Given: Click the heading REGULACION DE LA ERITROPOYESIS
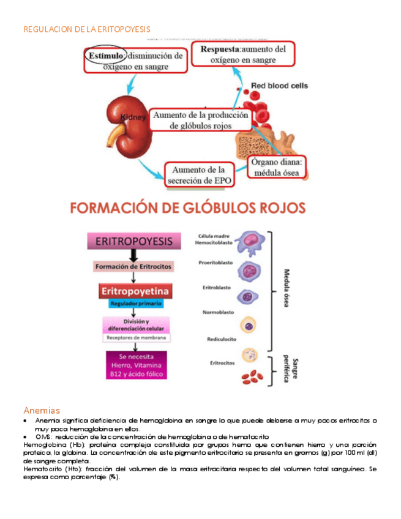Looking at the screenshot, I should point(86,29).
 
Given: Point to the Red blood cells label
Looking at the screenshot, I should point(280,86).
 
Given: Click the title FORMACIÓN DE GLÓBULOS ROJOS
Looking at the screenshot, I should point(187,207).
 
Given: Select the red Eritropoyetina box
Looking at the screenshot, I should point(135,290).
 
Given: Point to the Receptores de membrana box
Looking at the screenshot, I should point(135,337).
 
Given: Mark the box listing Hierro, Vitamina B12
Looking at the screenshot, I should point(135,365).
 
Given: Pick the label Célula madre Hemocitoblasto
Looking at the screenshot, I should point(214,239).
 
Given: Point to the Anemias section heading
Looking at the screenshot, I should point(42,409).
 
